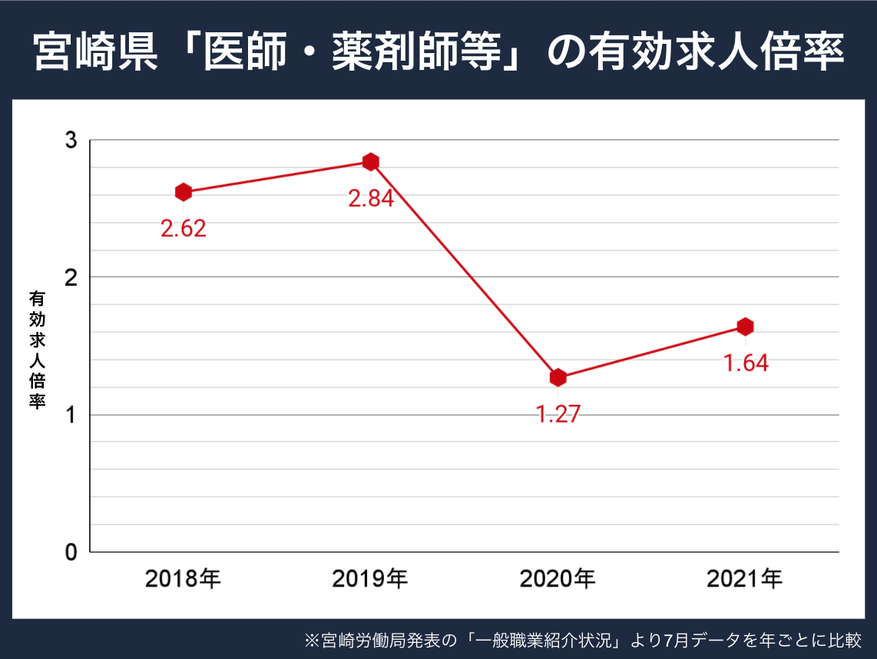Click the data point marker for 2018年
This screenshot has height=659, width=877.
tap(184, 192)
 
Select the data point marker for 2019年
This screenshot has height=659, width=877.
tap(371, 162)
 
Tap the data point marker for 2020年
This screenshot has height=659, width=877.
tap(558, 378)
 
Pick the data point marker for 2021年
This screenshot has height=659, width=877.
tap(745, 326)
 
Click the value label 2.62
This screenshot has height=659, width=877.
tap(184, 229)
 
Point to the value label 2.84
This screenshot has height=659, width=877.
tap(371, 199)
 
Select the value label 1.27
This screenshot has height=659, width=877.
tap(558, 415)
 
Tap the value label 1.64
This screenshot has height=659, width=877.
tap(746, 363)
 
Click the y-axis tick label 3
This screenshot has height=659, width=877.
tap(71, 141)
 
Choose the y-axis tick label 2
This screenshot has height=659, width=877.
tap(71, 277)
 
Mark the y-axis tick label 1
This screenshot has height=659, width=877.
tap(71, 415)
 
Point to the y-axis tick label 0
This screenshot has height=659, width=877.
tap(71, 552)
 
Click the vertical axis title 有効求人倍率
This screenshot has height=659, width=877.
tap(37, 349)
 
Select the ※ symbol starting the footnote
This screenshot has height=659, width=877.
tap(311, 640)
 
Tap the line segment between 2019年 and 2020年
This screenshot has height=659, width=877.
tap(465, 270)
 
